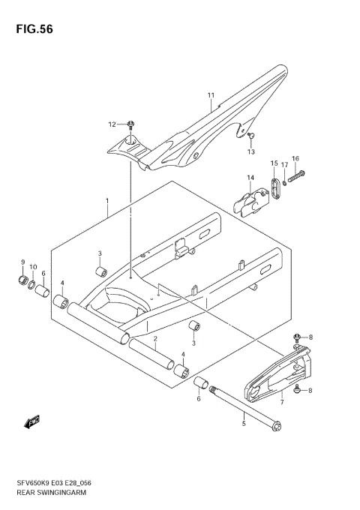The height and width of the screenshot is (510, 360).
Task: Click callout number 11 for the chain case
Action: click(x=211, y=95)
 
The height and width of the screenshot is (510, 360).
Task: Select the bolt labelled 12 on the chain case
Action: click(x=131, y=124)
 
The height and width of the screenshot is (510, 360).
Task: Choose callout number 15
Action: click(x=274, y=163)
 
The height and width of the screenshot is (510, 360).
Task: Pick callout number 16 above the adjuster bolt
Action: click(x=295, y=158)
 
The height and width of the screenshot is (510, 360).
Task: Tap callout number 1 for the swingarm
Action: click(x=107, y=201)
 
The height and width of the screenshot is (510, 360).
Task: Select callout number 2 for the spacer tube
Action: click(x=154, y=339)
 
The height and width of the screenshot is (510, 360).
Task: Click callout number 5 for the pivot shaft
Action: click(x=243, y=424)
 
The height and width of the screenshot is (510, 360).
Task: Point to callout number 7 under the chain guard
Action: click(x=281, y=402)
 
